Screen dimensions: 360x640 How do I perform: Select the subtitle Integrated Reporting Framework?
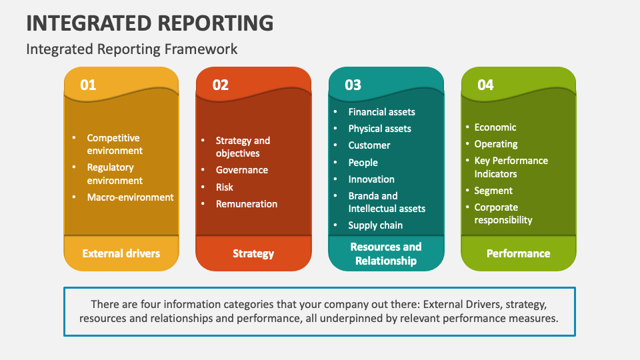[131, 49]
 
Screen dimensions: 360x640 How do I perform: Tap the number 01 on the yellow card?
[88, 85]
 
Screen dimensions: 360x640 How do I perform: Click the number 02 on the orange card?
[220, 85]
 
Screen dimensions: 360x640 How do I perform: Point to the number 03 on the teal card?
[353, 85]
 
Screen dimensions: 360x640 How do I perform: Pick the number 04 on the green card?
[485, 85]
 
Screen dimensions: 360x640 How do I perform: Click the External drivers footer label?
[121, 253]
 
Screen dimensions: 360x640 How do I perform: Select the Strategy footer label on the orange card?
[253, 253]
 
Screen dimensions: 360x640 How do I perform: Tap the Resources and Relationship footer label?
[386, 253]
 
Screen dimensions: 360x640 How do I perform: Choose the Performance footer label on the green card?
[518, 253]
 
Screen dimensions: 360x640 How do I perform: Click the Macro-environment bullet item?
[130, 197]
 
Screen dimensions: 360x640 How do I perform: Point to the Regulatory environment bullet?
[114, 174]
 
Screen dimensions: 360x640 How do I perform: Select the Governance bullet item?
[241, 170]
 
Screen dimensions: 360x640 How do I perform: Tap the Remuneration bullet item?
[246, 204]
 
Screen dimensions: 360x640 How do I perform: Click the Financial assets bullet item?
[381, 112]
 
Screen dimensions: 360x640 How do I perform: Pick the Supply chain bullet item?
[375, 225]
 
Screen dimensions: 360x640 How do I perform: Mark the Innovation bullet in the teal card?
[371, 179]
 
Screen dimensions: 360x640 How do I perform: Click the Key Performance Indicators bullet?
[511, 167]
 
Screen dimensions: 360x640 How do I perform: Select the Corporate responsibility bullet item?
[503, 213]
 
